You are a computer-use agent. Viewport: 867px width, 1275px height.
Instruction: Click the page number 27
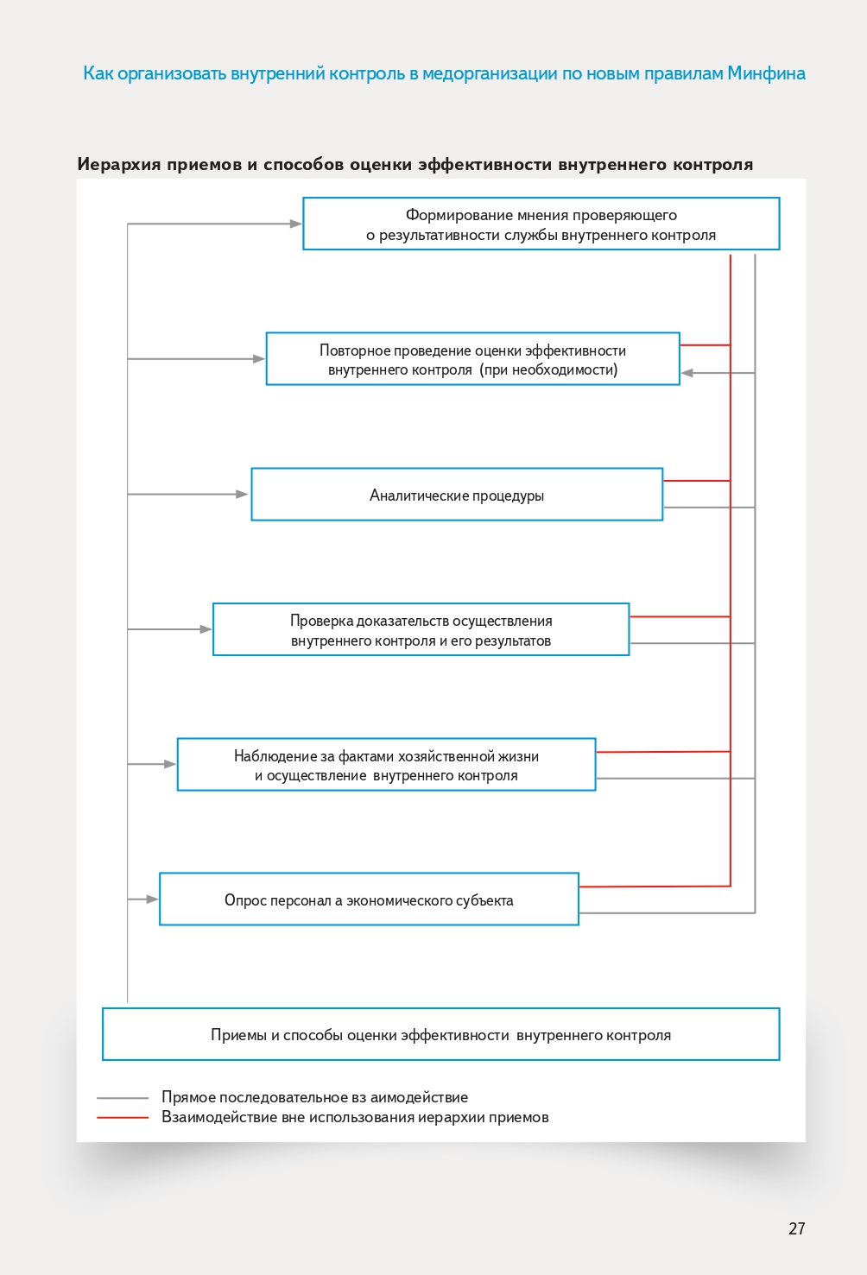click(796, 1228)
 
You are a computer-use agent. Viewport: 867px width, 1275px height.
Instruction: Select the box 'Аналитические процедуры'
click(457, 495)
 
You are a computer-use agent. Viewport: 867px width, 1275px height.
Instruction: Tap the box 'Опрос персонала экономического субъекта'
click(369, 899)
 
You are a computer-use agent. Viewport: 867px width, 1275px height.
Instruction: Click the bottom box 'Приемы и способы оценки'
click(440, 1034)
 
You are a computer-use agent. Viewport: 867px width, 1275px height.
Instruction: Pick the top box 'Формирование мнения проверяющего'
click(541, 224)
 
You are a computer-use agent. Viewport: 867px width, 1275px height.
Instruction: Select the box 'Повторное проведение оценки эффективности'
click(472, 359)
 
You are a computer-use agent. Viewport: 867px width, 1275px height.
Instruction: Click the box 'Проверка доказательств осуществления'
click(421, 630)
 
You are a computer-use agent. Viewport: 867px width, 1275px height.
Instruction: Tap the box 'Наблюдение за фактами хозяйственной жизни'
click(386, 765)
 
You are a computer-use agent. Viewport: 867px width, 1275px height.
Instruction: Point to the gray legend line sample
click(123, 1098)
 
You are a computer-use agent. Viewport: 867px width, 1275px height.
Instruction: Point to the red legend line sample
click(123, 1118)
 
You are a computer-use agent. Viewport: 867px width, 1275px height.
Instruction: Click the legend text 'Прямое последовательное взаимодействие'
click(314, 1097)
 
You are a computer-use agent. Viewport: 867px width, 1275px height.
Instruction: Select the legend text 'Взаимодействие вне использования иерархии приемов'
click(355, 1117)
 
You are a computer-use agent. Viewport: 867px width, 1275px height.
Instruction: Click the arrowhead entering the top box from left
click(296, 224)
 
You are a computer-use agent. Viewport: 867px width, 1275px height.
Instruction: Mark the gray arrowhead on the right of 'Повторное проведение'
click(687, 373)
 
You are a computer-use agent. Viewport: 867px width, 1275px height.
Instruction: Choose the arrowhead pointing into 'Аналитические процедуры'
click(243, 495)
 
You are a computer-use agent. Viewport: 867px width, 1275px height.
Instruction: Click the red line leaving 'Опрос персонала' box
click(655, 886)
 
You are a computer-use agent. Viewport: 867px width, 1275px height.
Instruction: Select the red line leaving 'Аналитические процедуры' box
click(696, 481)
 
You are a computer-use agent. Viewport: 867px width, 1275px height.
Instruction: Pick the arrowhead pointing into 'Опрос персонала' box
click(153, 899)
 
